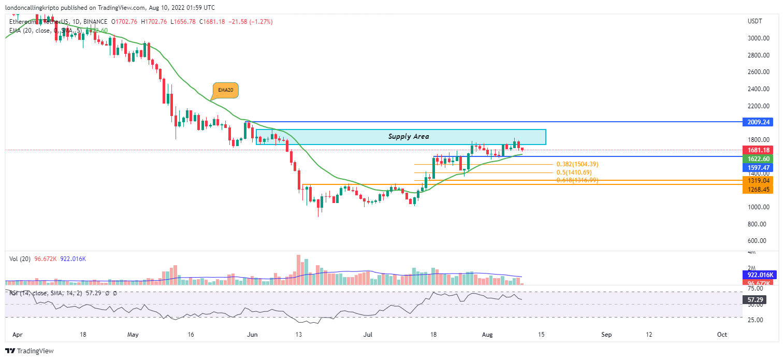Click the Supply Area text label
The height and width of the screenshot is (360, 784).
click(x=409, y=137)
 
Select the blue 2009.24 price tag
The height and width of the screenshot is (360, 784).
click(x=757, y=122)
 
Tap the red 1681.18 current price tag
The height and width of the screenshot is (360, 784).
click(x=757, y=150)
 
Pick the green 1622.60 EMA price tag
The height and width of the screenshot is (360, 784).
click(x=757, y=159)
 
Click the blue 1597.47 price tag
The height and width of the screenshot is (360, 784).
click(x=757, y=167)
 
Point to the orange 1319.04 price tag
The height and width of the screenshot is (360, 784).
click(x=757, y=180)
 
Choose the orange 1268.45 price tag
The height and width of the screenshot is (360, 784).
click(x=757, y=190)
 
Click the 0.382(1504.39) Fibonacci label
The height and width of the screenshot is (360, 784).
click(x=577, y=164)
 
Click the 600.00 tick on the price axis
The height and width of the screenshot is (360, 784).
click(x=758, y=241)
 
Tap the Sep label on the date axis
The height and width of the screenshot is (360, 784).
click(x=606, y=335)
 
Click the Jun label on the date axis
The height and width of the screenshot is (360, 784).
click(x=253, y=335)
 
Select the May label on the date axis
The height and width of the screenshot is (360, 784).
click(x=133, y=335)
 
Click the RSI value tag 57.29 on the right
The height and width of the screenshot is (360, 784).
click(x=757, y=300)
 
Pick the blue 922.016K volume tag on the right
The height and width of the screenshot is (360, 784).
click(x=757, y=275)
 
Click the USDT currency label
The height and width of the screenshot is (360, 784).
click(x=756, y=21)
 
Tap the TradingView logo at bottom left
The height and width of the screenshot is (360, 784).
click(x=30, y=351)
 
